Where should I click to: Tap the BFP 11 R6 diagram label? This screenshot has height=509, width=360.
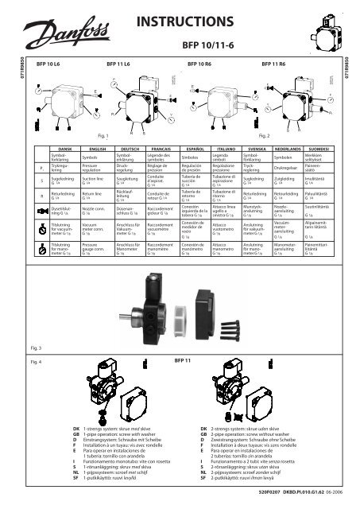pyautogui.click(x=269, y=60)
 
